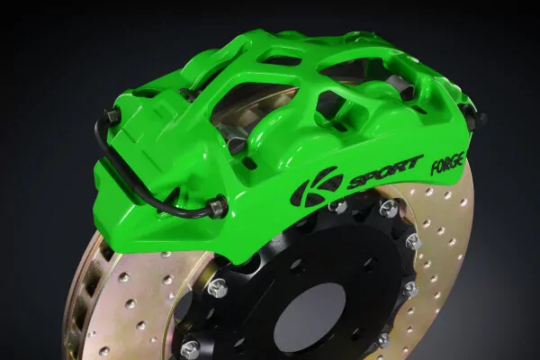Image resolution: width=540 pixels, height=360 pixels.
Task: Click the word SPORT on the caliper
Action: click(x=384, y=173)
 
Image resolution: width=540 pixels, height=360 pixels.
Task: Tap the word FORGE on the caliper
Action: click(x=447, y=162)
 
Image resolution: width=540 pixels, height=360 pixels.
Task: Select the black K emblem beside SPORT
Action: click(x=317, y=186)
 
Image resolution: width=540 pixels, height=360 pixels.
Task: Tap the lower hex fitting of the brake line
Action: click(x=218, y=206)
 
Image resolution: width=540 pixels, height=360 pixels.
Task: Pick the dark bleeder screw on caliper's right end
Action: click(x=479, y=116)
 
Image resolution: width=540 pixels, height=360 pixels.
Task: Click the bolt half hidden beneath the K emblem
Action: click(x=337, y=206)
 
